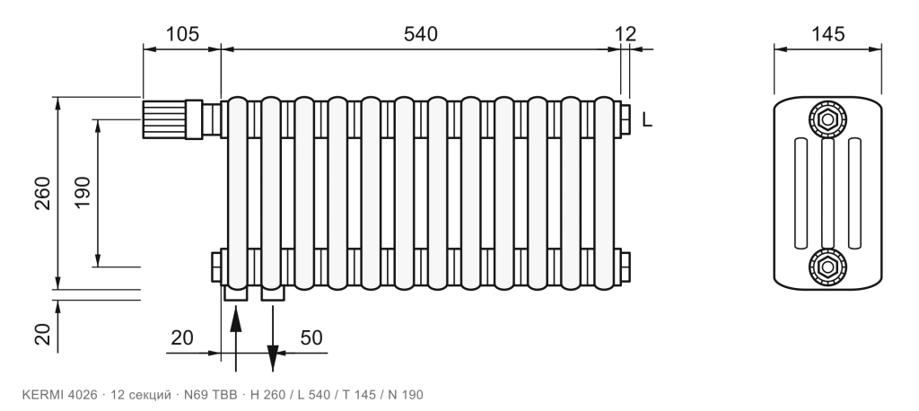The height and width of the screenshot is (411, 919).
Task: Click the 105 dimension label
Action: pos(181,34)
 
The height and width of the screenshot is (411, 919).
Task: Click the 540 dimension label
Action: pos(420,34)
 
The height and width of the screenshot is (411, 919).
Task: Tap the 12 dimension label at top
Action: pos(626,34)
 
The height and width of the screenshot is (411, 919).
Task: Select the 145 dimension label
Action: pos(828,34)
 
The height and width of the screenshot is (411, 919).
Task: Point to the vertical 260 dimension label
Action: pos(43,193)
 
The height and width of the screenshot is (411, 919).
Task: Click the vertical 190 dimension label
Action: pos(83,193)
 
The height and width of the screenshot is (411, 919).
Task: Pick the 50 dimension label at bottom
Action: pos(311,337)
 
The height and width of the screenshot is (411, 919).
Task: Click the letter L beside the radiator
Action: pos(647,120)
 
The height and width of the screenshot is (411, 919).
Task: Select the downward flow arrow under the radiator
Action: pos(273,337)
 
